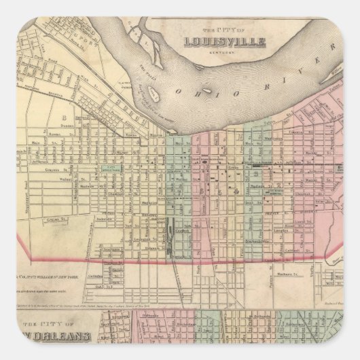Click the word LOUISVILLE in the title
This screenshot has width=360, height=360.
click(223, 42)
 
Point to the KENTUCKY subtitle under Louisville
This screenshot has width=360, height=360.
click(223, 52)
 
